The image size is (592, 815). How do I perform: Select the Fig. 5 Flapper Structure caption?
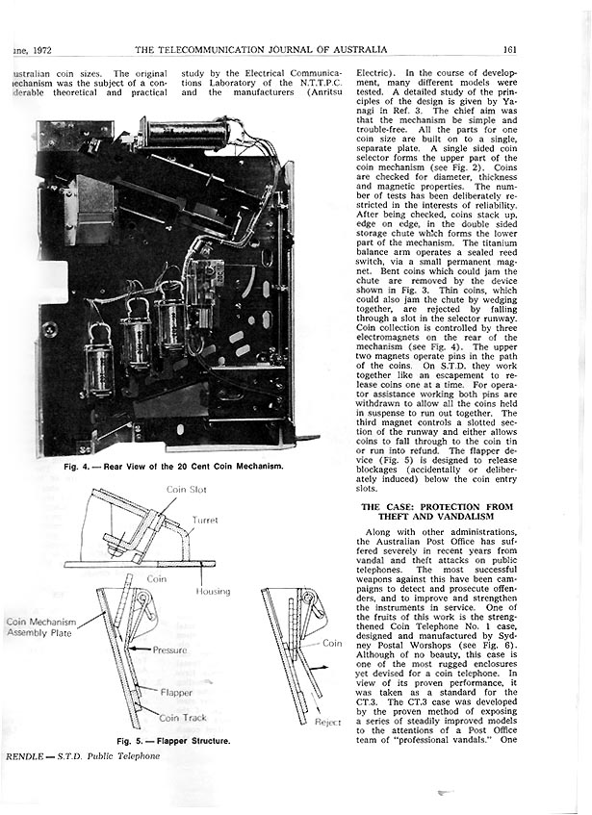(172, 741)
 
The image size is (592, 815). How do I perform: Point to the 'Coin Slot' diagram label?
(189, 490)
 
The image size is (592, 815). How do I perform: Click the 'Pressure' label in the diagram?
(169, 650)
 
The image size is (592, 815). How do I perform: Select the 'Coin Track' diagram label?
(183, 717)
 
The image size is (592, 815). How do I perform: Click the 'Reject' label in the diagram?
(329, 721)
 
